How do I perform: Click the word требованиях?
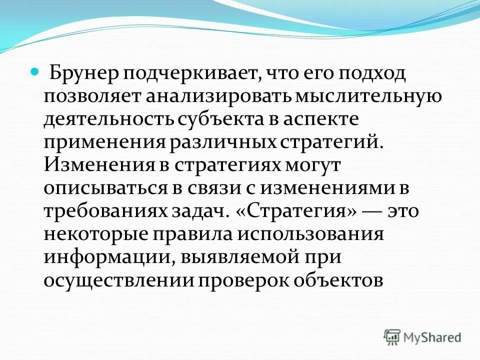[106, 211]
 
